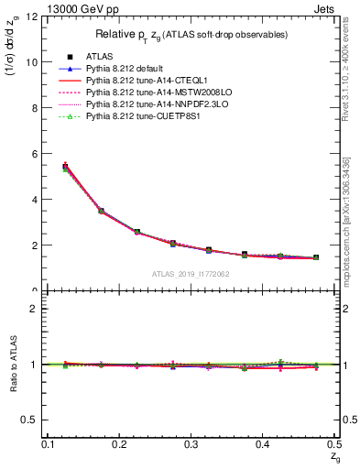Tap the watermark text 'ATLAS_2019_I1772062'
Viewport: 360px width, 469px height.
coord(190,274)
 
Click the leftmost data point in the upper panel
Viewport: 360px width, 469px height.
coord(65,167)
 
